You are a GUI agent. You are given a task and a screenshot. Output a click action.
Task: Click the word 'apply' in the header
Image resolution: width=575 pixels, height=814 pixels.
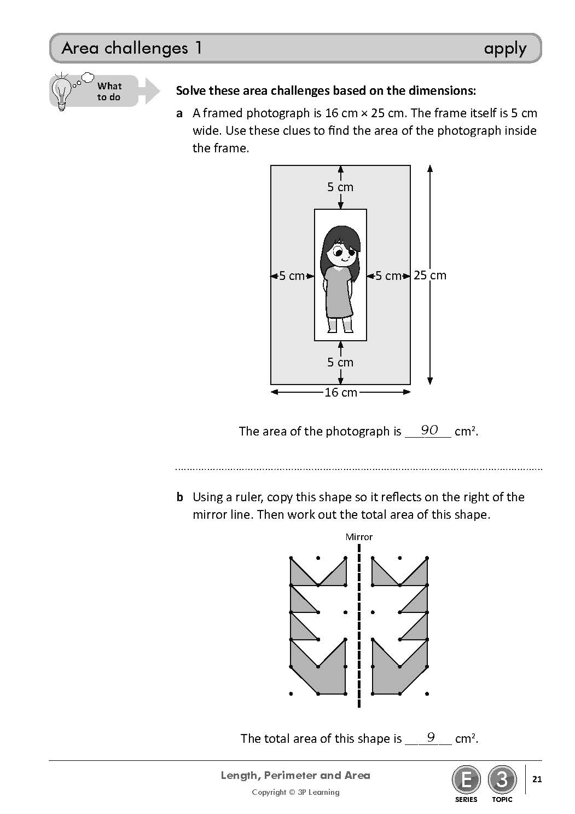coord(504,49)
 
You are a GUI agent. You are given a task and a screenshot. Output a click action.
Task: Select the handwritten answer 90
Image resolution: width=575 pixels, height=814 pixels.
coord(429,430)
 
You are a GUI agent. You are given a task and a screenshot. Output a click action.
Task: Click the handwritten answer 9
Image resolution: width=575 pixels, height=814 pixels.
coord(431,737)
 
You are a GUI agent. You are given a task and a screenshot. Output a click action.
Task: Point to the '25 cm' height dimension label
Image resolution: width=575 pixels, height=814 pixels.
coord(430,275)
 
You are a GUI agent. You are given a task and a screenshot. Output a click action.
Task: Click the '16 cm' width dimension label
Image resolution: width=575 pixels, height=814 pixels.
coord(340,392)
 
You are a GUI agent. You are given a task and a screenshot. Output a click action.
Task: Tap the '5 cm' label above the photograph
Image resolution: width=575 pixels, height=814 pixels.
coord(340,187)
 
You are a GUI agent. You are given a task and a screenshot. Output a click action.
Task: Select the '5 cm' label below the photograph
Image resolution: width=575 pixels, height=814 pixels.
coord(340,362)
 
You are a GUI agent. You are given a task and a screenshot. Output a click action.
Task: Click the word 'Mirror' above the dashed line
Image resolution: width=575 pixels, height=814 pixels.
coord(359,537)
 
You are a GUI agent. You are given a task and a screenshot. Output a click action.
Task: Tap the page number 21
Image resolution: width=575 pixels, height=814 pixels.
coord(537,779)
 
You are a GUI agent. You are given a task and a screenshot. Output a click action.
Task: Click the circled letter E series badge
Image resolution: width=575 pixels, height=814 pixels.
coord(466,779)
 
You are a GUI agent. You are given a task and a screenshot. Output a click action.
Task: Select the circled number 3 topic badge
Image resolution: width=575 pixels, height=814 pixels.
coord(502,779)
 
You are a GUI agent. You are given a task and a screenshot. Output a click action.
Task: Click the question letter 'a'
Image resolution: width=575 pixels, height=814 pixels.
coord(179,113)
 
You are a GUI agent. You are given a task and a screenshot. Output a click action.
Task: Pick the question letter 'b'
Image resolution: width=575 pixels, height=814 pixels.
coord(179,497)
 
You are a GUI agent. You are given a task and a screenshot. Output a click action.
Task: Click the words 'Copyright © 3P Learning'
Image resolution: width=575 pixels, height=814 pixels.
coord(295,792)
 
